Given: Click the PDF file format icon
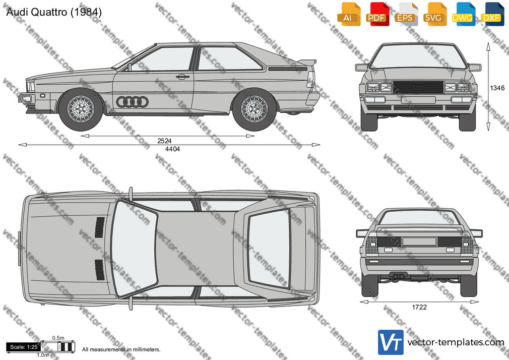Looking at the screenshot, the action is click(x=377, y=14).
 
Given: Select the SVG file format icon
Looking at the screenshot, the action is click(x=435, y=14).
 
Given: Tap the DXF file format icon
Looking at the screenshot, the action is click(x=492, y=14).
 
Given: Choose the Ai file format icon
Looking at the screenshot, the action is click(x=349, y=14).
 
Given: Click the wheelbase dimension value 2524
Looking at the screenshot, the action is click(x=164, y=141).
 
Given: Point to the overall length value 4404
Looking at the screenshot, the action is click(x=172, y=149).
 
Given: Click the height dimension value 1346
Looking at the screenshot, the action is click(x=497, y=88).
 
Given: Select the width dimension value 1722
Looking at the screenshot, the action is click(x=419, y=307).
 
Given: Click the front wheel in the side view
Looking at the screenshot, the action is click(x=81, y=109).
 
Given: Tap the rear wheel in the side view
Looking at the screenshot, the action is click(x=254, y=109).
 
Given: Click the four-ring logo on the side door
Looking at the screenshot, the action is click(x=132, y=102).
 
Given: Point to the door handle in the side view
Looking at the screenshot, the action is click(x=183, y=77).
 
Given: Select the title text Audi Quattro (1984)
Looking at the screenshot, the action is click(x=54, y=12).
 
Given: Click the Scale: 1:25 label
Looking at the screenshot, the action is click(x=24, y=347).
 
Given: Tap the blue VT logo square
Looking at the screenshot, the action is click(x=391, y=342).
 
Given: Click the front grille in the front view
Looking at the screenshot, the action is click(x=418, y=87).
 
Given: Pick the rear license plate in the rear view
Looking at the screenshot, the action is click(x=419, y=241).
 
